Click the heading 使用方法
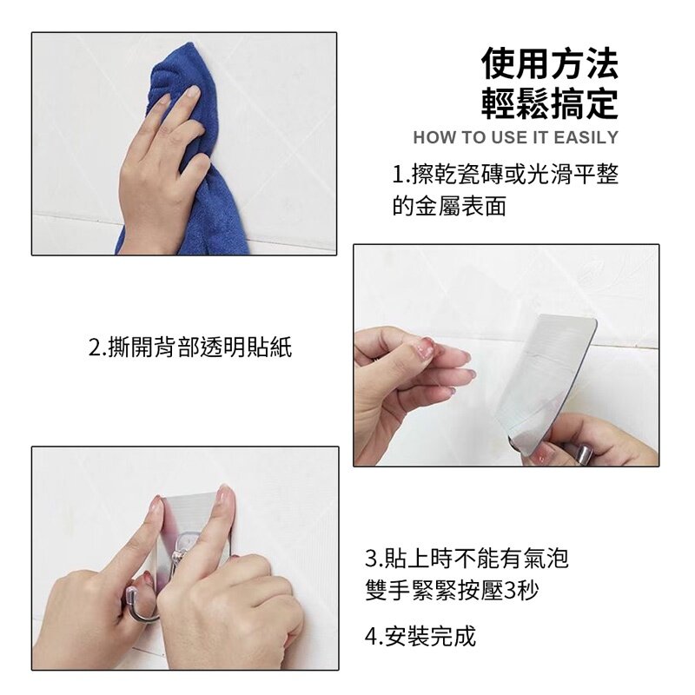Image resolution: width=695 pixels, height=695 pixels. [550, 63]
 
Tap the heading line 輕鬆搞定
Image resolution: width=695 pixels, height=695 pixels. [550, 103]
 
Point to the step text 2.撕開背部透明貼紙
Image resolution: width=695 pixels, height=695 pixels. [190, 347]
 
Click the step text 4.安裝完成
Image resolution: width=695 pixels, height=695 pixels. [420, 636]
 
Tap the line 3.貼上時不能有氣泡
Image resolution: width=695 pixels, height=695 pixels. [467, 558]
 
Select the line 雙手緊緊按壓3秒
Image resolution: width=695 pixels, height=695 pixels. [452, 590]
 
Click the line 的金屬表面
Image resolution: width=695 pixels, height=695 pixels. [449, 206]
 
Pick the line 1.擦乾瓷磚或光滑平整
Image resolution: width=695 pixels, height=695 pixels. [506, 175]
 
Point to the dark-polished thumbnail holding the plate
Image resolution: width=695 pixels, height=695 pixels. [584, 453]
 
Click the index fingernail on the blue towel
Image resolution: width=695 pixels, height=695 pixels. [192, 92]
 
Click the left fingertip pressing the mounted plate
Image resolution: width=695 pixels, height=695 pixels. [156, 506]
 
